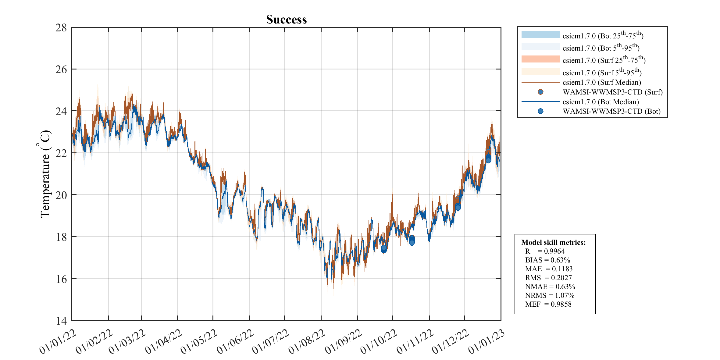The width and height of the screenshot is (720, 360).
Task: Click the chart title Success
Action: pyautogui.click(x=286, y=20)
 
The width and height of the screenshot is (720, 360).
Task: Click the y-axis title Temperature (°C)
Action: pyautogui.click(x=45, y=174)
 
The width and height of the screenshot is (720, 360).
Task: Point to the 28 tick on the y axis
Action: pyautogui.click(x=61, y=28)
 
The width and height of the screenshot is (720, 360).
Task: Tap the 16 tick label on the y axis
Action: pyautogui.click(x=61, y=279)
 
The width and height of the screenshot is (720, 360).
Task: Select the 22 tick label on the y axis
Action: pyautogui.click(x=61, y=153)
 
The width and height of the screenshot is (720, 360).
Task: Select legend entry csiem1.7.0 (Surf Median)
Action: pyautogui.click(x=601, y=82)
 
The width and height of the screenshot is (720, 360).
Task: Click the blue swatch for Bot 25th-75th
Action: pyautogui.click(x=540, y=34)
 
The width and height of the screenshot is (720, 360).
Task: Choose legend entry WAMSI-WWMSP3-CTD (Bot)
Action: pyautogui.click(x=611, y=111)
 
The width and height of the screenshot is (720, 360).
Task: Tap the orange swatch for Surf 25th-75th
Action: pyautogui.click(x=540, y=59)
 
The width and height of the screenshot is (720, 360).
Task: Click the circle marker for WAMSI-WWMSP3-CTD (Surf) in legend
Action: pyautogui.click(x=540, y=92)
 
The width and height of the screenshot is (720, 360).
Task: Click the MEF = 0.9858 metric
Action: pyautogui.click(x=548, y=304)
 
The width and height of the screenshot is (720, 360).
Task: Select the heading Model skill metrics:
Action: pyautogui.click(x=553, y=242)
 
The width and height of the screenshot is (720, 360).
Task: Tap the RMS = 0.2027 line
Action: pyautogui.click(x=548, y=278)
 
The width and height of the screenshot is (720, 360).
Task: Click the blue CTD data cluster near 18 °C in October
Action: pyautogui.click(x=412, y=240)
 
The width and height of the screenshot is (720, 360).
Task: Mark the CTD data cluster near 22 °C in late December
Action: pyautogui.click(x=488, y=159)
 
